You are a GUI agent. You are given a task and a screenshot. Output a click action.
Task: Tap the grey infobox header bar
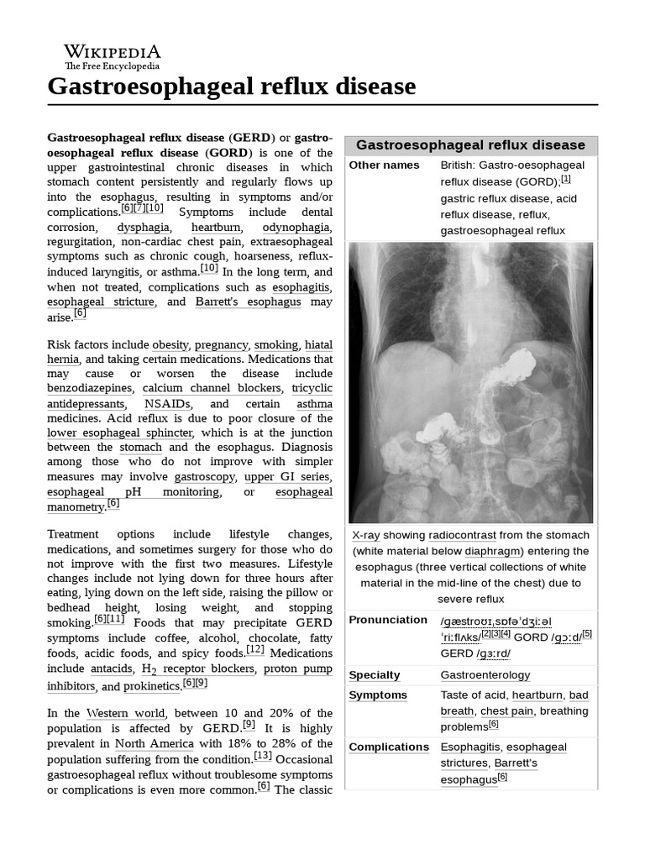[x=470, y=144]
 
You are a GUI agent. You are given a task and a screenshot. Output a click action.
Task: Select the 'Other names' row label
[x=384, y=165]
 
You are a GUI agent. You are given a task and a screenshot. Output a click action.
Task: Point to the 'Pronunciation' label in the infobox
[x=388, y=620]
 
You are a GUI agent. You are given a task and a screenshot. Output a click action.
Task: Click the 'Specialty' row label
[x=375, y=675]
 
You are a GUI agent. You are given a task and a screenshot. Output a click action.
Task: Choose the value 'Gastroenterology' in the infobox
[x=485, y=675]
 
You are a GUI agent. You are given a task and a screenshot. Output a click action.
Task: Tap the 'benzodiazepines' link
[x=90, y=388]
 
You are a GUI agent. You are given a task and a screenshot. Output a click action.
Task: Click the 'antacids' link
[x=111, y=669]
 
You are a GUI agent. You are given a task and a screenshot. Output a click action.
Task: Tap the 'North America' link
[x=154, y=743]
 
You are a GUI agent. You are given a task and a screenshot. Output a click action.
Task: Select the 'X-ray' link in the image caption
[x=365, y=535]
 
